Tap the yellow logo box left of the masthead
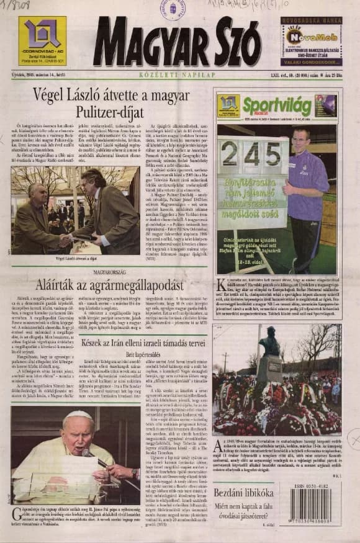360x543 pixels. pyautogui.click(x=42, y=41)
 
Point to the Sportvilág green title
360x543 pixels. pyautogui.click(x=277, y=105)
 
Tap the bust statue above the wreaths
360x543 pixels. pyautogui.click(x=268, y=341)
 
